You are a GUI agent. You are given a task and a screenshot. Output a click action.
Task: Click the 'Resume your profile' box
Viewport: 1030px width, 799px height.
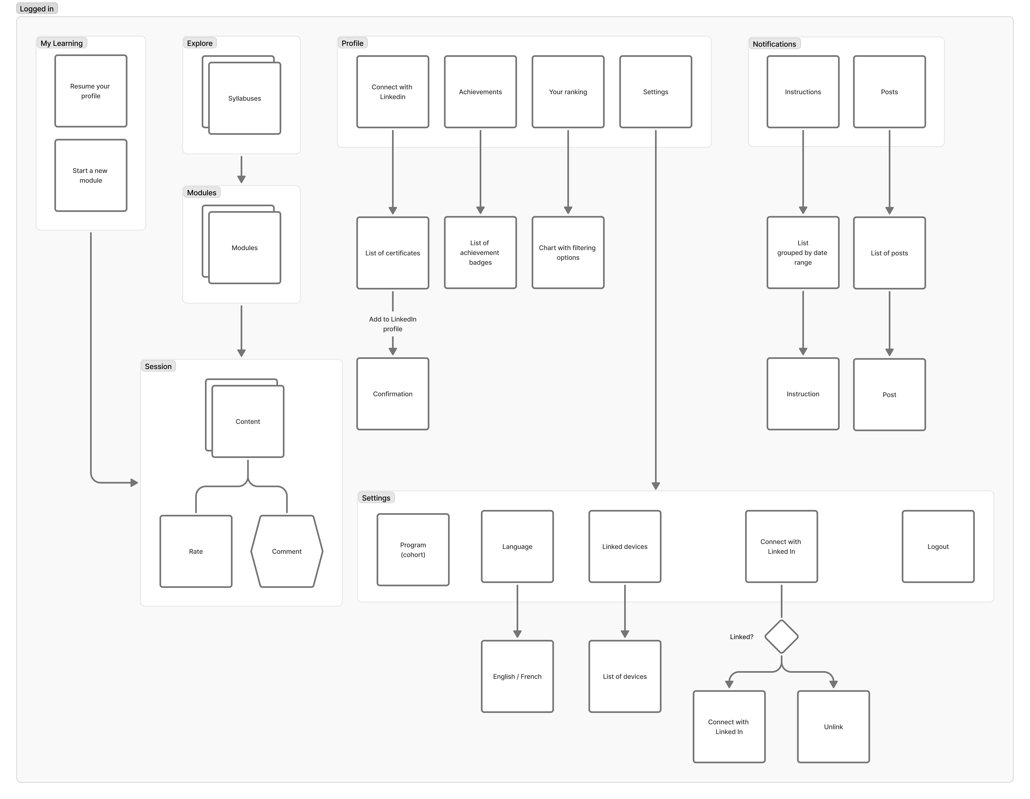coord(91,91)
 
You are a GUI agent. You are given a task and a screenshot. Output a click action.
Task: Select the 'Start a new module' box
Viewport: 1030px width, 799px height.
coord(91,175)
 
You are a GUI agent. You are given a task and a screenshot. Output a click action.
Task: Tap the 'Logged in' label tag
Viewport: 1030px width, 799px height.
coord(37,9)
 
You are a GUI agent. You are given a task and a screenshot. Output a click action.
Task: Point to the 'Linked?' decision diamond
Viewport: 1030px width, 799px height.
coord(781,637)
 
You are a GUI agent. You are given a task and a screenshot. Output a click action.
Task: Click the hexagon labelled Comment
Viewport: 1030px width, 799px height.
coord(287,551)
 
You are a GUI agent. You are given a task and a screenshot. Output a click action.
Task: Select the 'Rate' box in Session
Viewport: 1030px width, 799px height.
coord(196,551)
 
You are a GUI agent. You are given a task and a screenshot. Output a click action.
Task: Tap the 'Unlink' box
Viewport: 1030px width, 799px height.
coord(833,727)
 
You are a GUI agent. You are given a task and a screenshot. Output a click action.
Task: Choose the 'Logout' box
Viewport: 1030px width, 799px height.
coord(938,547)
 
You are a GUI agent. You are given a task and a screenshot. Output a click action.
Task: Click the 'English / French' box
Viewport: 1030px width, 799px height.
coord(517,676)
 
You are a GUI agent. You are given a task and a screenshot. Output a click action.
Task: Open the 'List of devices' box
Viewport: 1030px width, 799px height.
coord(625,676)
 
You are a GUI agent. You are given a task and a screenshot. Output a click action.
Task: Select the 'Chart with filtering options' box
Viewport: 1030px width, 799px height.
coord(568,253)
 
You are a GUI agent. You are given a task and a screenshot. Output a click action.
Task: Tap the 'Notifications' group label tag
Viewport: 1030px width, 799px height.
coord(774,44)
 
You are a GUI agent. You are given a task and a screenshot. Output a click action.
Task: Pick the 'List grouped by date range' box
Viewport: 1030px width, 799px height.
coord(803,253)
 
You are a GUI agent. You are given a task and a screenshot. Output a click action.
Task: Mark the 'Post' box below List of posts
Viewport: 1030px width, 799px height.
coord(889,395)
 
